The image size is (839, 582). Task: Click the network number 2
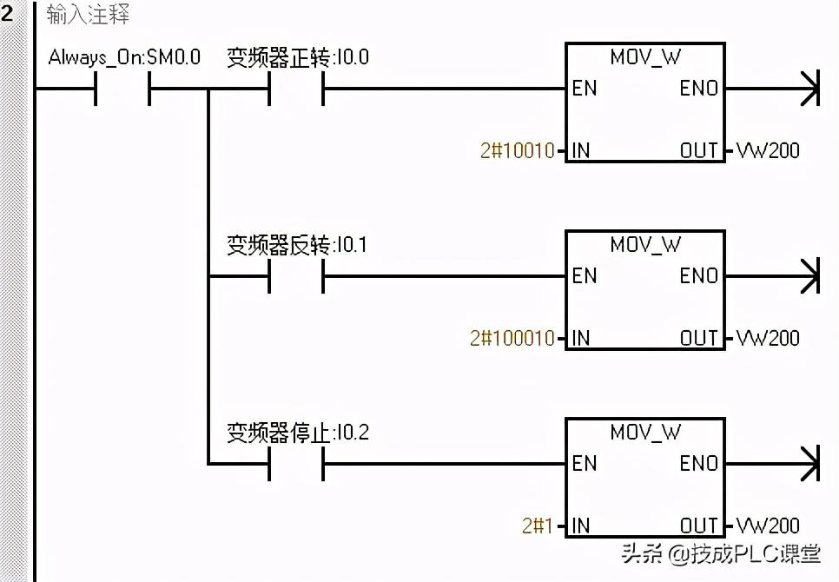[8, 13]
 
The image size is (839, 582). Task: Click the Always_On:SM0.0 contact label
[124, 57]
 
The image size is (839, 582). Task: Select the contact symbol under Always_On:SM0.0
[122, 88]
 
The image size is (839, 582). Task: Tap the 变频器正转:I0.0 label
[298, 57]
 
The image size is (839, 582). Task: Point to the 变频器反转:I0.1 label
[297, 245]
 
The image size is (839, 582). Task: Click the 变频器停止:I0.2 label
[298, 432]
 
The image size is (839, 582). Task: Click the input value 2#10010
[517, 151]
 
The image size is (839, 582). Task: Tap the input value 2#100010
[512, 338]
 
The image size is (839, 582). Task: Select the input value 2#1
[537, 526]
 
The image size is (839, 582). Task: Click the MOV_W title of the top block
[645, 56]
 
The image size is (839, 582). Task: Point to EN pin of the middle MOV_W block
[585, 276]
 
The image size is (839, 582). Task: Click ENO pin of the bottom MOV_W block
[699, 463]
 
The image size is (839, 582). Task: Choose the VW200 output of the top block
[768, 151]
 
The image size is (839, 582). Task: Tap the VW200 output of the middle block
[768, 338]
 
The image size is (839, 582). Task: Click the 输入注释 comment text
[88, 16]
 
